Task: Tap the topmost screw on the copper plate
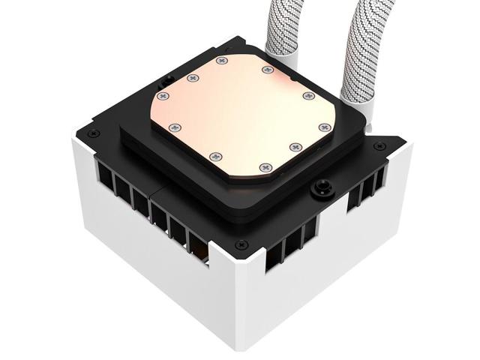click(x=219, y=61)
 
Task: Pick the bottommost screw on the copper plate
click(x=262, y=166)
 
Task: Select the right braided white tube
click(x=358, y=45)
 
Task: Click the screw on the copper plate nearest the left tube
click(x=267, y=70)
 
